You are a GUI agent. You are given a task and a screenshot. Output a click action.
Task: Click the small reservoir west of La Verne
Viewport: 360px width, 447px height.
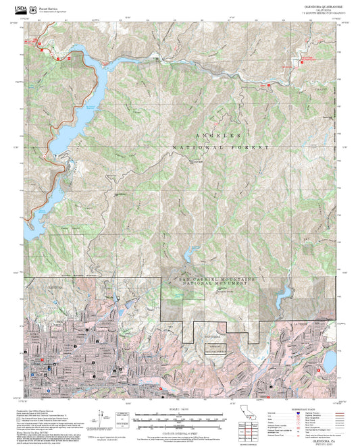[x=283, y=292]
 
